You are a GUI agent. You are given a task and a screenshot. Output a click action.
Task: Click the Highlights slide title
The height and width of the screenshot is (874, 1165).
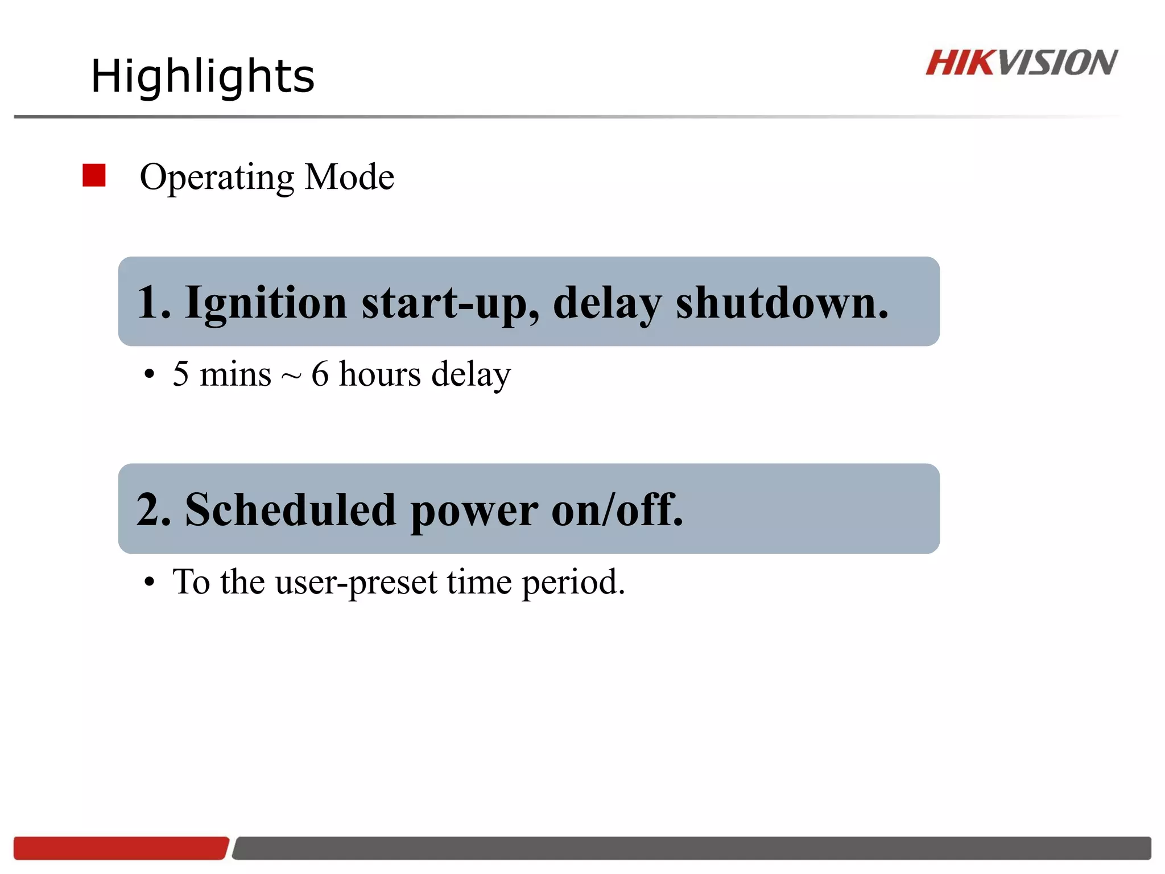tap(203, 76)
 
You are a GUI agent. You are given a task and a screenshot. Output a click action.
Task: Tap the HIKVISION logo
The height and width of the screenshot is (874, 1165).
tap(1021, 63)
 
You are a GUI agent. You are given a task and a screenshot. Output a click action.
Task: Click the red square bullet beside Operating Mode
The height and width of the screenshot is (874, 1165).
tap(94, 175)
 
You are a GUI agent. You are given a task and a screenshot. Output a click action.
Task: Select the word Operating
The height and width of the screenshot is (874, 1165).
tap(217, 178)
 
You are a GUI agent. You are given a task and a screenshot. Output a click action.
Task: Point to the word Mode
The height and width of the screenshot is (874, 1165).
tap(349, 177)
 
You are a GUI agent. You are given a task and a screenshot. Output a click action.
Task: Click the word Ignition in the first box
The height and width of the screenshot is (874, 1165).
tap(266, 303)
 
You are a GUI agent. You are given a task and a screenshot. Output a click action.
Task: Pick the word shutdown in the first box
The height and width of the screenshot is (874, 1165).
tap(780, 303)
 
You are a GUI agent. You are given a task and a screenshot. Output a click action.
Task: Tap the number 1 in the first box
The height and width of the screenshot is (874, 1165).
tap(147, 302)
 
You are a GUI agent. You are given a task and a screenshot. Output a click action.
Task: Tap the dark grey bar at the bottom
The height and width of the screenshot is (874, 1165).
tap(691, 848)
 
